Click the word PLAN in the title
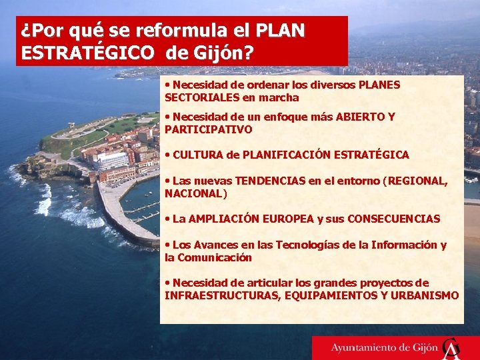click(x=279, y=31)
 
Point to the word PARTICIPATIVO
click(x=208, y=129)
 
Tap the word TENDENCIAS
click(x=273, y=181)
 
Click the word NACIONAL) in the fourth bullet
click(x=196, y=193)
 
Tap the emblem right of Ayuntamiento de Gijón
click(x=452, y=347)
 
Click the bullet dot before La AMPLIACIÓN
click(x=168, y=219)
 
